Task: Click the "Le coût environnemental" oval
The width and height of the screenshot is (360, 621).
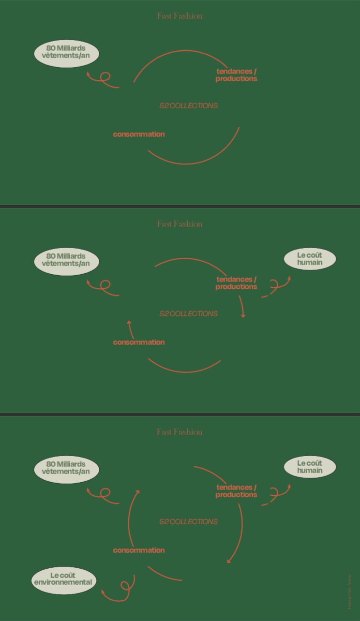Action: pyautogui.click(x=63, y=579)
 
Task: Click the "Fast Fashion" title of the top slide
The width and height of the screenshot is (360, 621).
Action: pyautogui.click(x=180, y=16)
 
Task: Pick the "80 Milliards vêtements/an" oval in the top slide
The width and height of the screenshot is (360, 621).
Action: pyautogui.click(x=66, y=53)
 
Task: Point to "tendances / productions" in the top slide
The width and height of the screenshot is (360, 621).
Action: pyautogui.click(x=236, y=75)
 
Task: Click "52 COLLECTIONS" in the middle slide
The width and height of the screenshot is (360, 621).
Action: pyautogui.click(x=188, y=313)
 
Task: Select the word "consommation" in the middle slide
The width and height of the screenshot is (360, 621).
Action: pyautogui.click(x=139, y=342)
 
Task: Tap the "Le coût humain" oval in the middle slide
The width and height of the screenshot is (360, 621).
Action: pyautogui.click(x=310, y=259)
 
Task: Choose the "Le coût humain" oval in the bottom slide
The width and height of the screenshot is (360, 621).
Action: pyautogui.click(x=310, y=467)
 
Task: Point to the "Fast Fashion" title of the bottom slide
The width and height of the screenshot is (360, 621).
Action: pyautogui.click(x=180, y=432)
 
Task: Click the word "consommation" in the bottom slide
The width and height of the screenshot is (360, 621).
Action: pyautogui.click(x=139, y=550)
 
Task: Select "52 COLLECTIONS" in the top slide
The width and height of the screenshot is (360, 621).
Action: pyautogui.click(x=188, y=105)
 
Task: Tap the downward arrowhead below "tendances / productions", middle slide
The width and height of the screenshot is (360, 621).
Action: pyautogui.click(x=243, y=315)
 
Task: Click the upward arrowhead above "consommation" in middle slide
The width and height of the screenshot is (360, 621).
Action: pyautogui.click(x=129, y=322)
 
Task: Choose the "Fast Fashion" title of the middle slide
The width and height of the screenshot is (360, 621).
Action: pyautogui.click(x=180, y=224)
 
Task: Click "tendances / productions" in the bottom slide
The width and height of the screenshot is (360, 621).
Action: pyautogui.click(x=236, y=491)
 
